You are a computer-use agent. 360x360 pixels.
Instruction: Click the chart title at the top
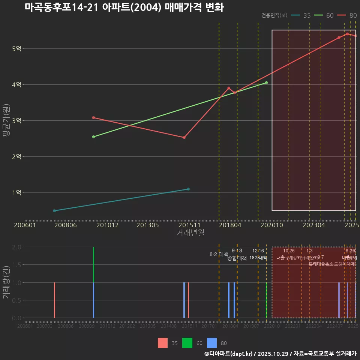tap(124, 7)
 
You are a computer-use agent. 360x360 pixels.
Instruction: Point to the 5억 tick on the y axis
tap(16, 48)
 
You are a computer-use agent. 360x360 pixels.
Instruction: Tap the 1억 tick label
tap(16, 192)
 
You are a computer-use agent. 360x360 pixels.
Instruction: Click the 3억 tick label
tap(16, 120)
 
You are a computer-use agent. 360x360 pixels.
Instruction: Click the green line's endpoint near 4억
tap(266, 82)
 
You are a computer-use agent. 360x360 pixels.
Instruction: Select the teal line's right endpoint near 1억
tap(188, 189)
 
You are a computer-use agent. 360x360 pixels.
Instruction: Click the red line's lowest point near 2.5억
tap(184, 138)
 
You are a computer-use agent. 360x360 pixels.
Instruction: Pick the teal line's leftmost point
tap(54, 211)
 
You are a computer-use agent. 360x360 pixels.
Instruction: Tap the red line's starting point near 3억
tap(93, 118)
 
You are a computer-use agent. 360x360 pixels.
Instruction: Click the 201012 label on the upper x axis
tap(107, 225)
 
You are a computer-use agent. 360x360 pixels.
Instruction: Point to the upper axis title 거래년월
tap(190, 232)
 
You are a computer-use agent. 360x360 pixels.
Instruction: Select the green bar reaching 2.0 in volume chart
tap(93, 264)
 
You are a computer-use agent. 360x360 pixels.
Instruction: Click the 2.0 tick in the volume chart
tap(16, 247)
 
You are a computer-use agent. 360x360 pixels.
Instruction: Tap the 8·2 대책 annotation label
tap(219, 254)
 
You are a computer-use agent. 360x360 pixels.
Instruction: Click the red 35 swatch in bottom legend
tap(163, 343)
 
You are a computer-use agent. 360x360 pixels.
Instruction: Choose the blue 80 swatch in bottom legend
tap(212, 343)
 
